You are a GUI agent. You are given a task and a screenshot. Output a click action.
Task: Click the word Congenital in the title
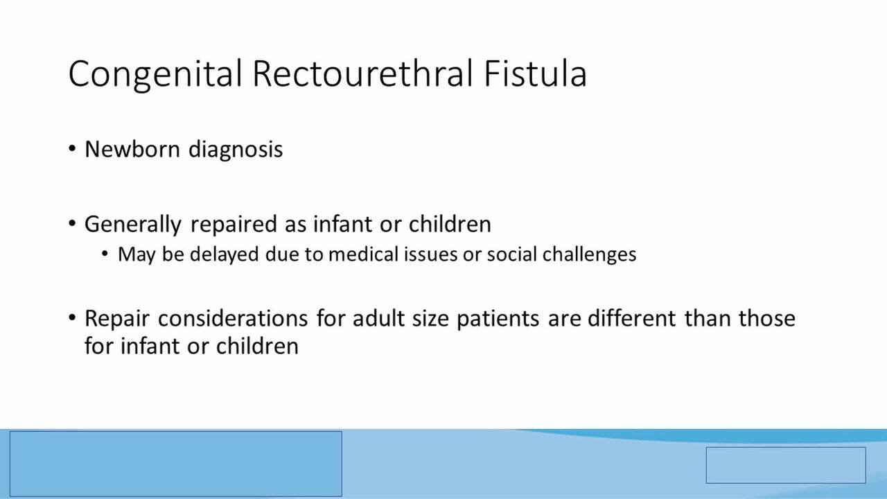click(155, 74)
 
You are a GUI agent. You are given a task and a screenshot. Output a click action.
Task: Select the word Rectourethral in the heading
click(362, 73)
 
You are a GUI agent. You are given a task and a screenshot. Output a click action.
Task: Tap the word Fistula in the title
click(535, 73)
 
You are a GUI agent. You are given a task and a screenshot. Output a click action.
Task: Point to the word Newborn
click(132, 149)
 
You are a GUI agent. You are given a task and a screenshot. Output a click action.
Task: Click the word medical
click(363, 254)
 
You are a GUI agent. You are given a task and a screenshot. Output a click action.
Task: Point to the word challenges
click(589, 254)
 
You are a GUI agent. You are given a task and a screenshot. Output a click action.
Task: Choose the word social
click(511, 254)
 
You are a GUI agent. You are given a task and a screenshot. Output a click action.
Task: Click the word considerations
click(233, 318)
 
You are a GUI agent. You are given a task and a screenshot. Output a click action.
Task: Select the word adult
click(378, 318)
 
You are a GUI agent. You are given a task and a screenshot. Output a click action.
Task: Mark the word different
click(631, 318)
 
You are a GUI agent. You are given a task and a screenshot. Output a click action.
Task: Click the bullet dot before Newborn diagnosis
click(71, 149)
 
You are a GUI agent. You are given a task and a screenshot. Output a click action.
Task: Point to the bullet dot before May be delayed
click(105, 254)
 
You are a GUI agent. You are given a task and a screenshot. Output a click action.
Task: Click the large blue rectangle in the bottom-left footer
click(176, 464)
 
